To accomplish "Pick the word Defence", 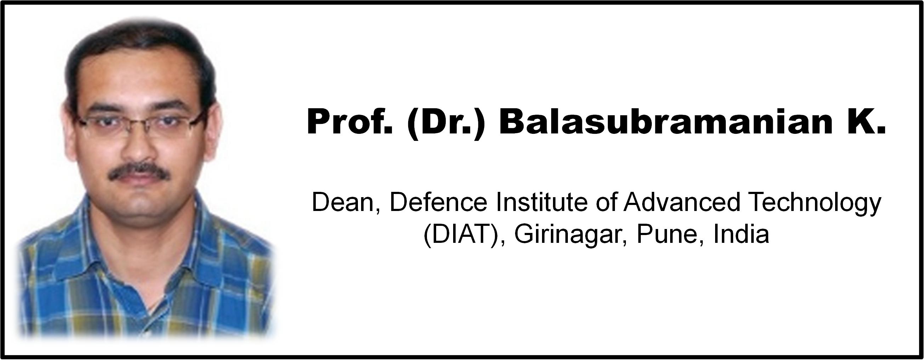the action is (x=438, y=202).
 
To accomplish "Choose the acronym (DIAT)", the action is (x=461, y=235).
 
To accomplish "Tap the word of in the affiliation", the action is (x=604, y=202).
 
